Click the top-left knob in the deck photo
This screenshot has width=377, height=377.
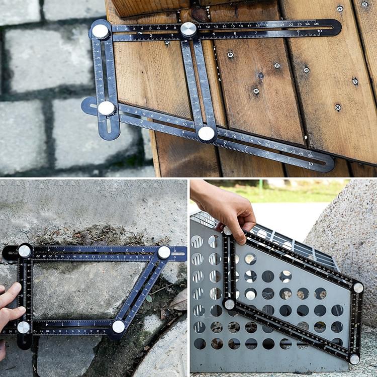click(x=101, y=31)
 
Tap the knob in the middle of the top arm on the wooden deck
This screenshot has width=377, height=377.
click(x=189, y=29)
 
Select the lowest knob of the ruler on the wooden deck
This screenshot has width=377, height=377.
click(x=206, y=133)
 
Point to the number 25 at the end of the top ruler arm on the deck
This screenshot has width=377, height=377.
click(x=315, y=24)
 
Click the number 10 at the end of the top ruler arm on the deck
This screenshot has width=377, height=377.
click(x=319, y=32)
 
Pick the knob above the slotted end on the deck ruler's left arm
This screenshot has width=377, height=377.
click(x=106, y=108)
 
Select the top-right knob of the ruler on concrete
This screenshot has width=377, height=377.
click(x=164, y=252)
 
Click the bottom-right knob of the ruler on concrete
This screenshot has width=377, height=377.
click(x=118, y=327)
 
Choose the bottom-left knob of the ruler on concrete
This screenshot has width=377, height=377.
click(x=23, y=328)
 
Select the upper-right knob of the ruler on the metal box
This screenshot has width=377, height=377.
click(x=358, y=288)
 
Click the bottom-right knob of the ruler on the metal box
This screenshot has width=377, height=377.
click(x=354, y=359)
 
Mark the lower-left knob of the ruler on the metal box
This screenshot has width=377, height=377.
click(x=230, y=305)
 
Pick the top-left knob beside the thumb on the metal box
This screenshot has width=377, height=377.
click(x=228, y=231)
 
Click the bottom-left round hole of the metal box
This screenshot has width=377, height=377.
click(x=200, y=344)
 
